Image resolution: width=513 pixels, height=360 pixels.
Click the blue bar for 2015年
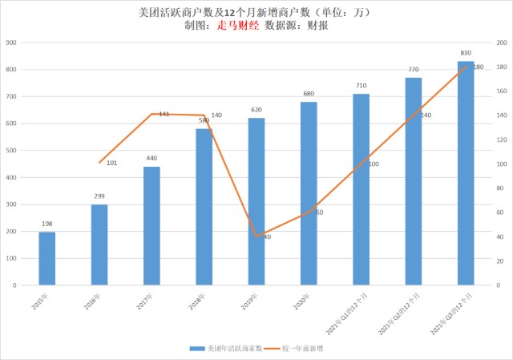coord(47,258)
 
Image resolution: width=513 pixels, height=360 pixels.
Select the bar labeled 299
coord(99,245)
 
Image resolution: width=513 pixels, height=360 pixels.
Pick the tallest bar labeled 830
coord(466,172)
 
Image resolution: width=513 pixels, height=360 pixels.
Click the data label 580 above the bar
coord(204,120)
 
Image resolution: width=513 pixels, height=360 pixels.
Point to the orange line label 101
coord(112,164)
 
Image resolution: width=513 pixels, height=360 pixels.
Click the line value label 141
coord(164,115)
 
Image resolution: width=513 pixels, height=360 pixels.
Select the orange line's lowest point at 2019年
coord(257,237)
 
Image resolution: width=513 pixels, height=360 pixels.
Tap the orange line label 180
coord(478,67)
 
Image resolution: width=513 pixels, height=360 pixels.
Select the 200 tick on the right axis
coord(500,42)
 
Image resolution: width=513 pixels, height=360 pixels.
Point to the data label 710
coord(361,86)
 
